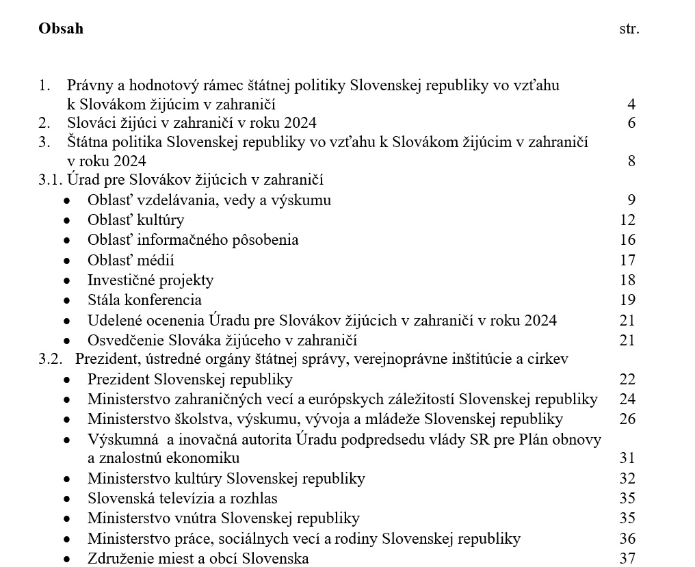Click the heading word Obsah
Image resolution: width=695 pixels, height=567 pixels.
pyautogui.click(x=61, y=29)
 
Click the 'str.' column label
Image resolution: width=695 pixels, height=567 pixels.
pyautogui.click(x=629, y=29)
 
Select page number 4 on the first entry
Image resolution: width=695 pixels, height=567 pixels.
pyautogui.click(x=631, y=105)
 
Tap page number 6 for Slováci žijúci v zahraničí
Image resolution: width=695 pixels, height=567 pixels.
pyautogui.click(x=631, y=123)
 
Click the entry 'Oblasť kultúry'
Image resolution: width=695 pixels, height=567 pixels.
pyautogui.click(x=135, y=220)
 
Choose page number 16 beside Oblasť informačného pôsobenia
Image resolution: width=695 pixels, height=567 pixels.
pyautogui.click(x=627, y=240)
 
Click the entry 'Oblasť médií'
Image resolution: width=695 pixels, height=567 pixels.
pyautogui.click(x=131, y=261)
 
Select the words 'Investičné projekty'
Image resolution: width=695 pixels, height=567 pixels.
pyautogui.click(x=150, y=280)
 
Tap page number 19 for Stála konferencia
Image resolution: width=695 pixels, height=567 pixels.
pyautogui.click(x=627, y=300)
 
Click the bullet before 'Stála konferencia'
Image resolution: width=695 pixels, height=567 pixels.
pyautogui.click(x=67, y=301)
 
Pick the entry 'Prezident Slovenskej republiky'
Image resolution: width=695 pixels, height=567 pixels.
pyautogui.click(x=190, y=380)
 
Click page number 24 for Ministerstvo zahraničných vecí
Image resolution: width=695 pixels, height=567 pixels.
pyautogui.click(x=627, y=399)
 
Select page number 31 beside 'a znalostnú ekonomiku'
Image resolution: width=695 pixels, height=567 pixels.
pyautogui.click(x=627, y=458)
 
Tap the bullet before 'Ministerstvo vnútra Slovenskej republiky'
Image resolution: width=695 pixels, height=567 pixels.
pyautogui.click(x=67, y=519)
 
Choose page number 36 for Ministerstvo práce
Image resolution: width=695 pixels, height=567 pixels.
pyautogui.click(x=627, y=539)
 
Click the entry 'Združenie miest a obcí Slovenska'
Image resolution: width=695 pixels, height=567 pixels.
pyautogui.click(x=198, y=559)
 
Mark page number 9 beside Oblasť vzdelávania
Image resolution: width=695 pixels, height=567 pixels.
pyautogui.click(x=631, y=200)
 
